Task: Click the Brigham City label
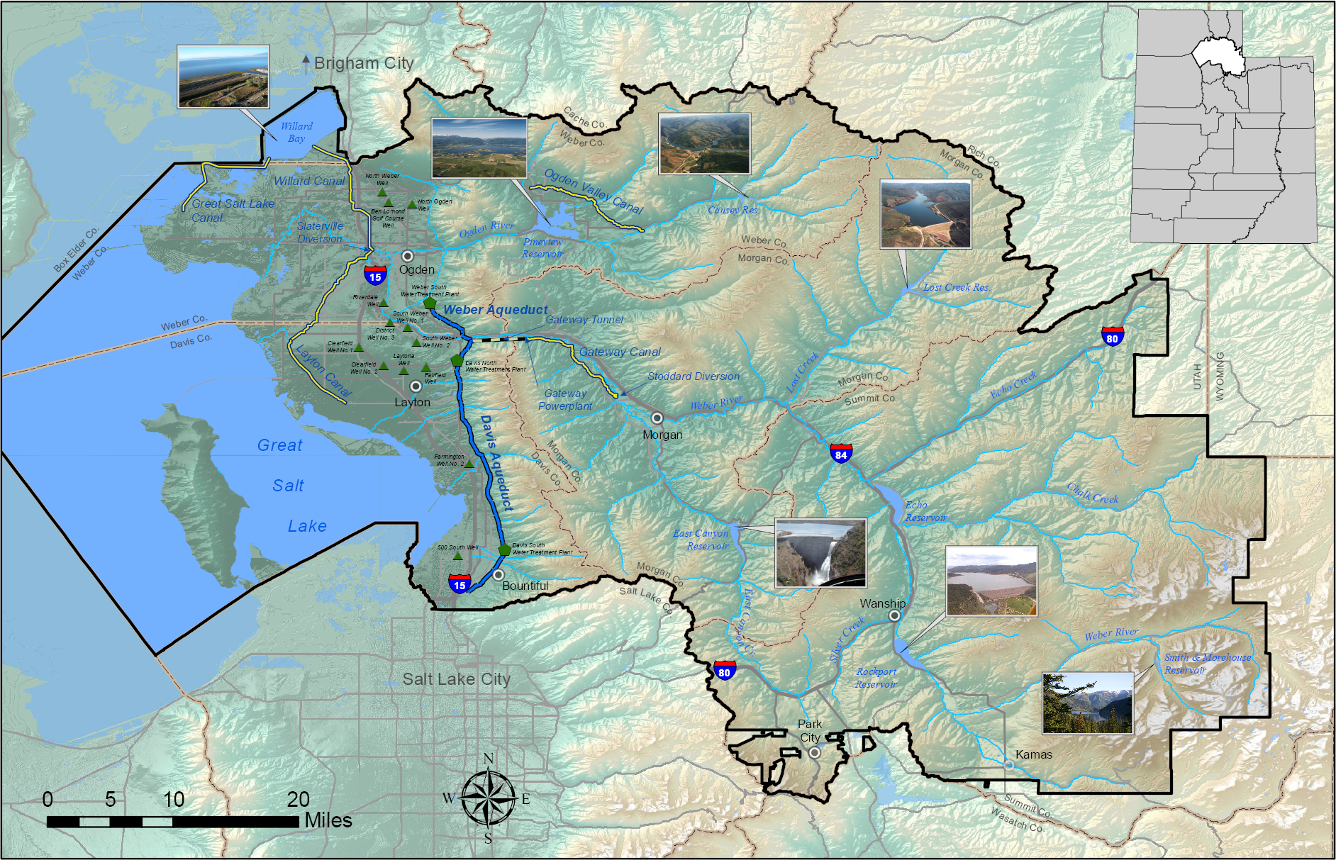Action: click(363, 63)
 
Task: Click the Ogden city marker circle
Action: click(408, 256)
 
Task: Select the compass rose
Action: click(488, 799)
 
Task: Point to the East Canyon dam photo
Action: click(820, 553)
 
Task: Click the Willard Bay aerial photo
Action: click(223, 77)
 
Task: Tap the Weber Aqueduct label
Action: click(496, 310)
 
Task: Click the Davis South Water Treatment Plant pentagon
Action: click(504, 549)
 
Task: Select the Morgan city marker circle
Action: click(657, 418)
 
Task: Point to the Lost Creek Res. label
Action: click(956, 288)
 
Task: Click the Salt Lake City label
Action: click(456, 679)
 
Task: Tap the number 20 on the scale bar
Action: click(298, 799)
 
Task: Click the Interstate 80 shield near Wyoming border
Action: click(1113, 336)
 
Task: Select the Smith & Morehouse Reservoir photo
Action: click(1087, 703)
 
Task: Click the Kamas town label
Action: click(1033, 754)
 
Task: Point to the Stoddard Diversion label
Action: click(693, 376)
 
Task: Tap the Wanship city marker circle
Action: click(895, 615)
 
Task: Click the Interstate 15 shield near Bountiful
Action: click(460, 584)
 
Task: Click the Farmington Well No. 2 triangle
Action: click(469, 464)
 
